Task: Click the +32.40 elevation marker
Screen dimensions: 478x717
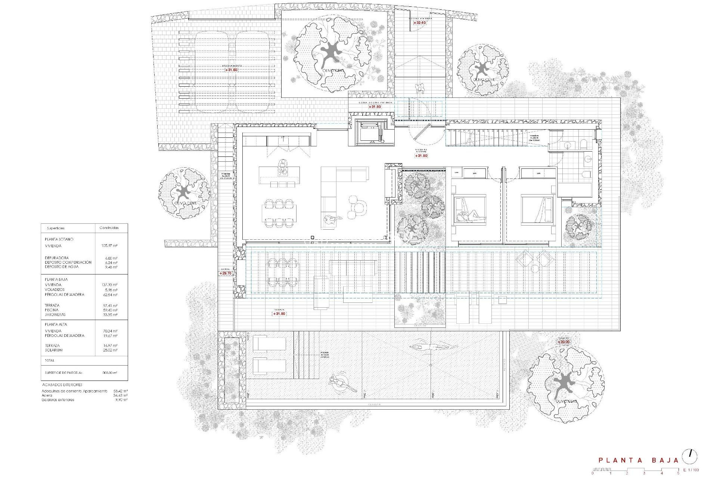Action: (x=420, y=23)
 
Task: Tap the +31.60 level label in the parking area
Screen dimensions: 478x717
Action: (x=231, y=70)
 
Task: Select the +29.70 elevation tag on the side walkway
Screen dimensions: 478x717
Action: (x=226, y=273)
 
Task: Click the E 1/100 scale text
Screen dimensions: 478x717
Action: (x=691, y=470)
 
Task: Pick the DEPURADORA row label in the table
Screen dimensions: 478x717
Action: (x=57, y=258)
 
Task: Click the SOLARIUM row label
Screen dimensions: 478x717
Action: (x=54, y=350)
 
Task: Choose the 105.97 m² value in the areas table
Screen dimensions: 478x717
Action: (x=109, y=246)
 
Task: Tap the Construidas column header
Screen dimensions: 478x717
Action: (x=109, y=228)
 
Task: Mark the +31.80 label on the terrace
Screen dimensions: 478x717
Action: (x=279, y=314)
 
